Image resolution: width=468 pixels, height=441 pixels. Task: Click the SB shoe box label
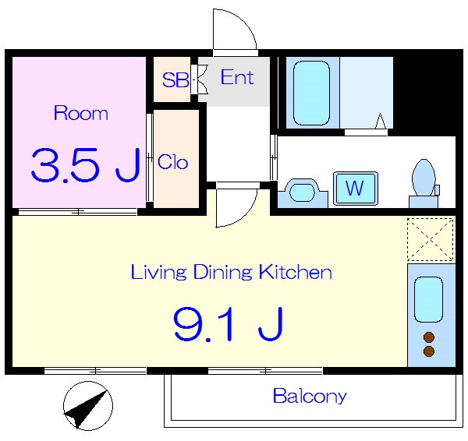point(175,80)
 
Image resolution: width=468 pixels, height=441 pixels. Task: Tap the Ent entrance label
point(237,77)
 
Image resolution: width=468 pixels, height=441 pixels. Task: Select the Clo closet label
point(173,162)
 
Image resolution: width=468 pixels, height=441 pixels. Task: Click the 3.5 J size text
point(86,165)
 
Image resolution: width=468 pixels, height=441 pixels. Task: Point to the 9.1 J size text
point(228,324)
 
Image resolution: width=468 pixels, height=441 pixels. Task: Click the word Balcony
point(310,396)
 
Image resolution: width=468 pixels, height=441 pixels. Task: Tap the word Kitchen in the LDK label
point(295,271)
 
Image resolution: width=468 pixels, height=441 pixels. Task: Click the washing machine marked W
point(356,189)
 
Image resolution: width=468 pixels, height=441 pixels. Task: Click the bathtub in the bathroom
point(311,93)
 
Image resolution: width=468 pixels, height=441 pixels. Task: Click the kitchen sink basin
point(428,299)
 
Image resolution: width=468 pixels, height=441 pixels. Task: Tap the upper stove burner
point(429,337)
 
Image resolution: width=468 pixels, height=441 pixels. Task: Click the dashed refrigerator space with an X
point(431,239)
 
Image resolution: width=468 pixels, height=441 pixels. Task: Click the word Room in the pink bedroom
point(81,113)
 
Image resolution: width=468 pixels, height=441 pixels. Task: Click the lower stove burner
point(429,351)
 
